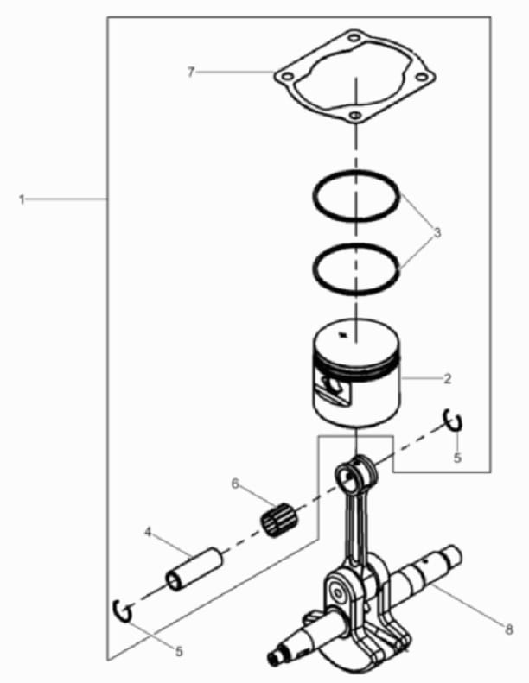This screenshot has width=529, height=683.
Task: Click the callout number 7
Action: (x=190, y=73)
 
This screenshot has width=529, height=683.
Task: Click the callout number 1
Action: (x=22, y=200)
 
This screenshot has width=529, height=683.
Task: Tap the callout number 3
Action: (x=437, y=232)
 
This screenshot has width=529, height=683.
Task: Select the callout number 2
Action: (x=447, y=378)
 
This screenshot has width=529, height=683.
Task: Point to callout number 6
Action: (x=235, y=484)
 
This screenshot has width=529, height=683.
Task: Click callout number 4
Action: (x=149, y=532)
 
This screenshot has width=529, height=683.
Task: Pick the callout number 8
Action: (x=509, y=629)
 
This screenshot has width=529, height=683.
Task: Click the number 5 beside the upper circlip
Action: (x=457, y=458)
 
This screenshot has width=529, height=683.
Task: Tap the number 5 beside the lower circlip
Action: (x=179, y=652)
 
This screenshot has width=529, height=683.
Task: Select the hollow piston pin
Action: (x=194, y=569)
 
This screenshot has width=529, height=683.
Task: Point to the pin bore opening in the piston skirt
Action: (x=334, y=384)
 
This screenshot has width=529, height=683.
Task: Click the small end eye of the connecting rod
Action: (x=349, y=475)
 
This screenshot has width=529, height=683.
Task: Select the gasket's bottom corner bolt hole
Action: (x=355, y=116)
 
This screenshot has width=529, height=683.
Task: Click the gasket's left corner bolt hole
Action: (x=286, y=77)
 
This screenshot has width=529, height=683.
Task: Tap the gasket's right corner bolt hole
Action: (x=421, y=77)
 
